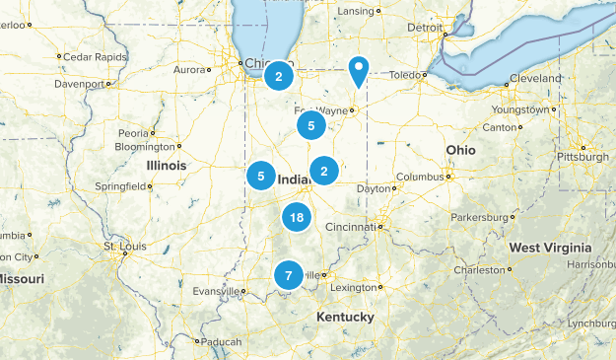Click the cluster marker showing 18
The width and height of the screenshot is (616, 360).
297,217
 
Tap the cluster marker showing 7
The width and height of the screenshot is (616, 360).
288,276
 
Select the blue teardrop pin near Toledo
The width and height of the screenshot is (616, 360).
359,69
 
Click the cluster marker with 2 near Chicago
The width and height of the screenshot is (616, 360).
279,76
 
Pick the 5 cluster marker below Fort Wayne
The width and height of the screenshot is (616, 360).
311,125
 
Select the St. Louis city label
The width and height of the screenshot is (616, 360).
125,246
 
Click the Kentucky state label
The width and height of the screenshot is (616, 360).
345,317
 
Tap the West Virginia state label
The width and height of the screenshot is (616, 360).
550,248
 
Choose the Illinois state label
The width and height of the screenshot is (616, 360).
167,166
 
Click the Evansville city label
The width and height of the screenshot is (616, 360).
216,291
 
